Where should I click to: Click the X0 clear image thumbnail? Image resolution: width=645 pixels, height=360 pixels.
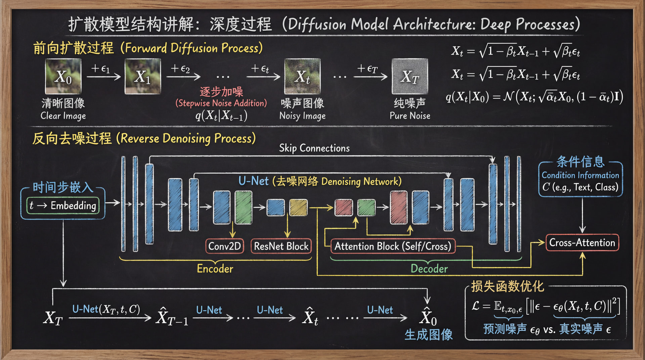(63, 76)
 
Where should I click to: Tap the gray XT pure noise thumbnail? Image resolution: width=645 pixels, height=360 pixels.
(410, 76)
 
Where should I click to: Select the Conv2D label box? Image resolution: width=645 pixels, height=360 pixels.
(224, 246)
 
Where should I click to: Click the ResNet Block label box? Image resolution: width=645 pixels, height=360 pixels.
(281, 246)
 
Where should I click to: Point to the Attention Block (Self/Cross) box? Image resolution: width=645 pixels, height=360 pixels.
(393, 246)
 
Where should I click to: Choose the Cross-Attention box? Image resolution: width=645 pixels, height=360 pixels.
(582, 242)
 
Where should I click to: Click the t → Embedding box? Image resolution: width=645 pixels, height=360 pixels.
(63, 205)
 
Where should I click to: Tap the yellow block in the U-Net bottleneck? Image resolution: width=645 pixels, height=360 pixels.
(298, 207)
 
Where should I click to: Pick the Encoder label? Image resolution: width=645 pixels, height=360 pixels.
(215, 269)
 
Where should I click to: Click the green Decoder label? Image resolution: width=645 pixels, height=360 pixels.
(429, 269)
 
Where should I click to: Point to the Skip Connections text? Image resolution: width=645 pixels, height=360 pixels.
(314, 148)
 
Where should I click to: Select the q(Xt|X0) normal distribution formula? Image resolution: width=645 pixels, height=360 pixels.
(534, 97)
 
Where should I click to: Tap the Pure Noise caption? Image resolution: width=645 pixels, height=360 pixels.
(410, 116)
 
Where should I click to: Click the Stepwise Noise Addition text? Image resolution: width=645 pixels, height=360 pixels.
(221, 103)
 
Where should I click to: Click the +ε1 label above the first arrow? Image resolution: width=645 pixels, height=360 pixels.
(100, 69)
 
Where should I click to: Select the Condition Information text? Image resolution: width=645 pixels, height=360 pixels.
(580, 175)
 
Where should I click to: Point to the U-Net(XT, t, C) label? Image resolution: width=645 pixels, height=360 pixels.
(106, 309)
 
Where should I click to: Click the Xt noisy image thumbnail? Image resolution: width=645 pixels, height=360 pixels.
(302, 76)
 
